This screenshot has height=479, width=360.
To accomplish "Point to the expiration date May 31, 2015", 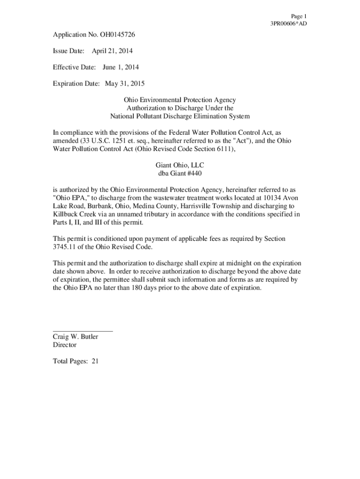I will (125, 84).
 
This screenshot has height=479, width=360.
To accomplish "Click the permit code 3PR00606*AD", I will (288, 23).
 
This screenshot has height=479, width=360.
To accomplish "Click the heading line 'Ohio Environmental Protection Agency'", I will (180, 100).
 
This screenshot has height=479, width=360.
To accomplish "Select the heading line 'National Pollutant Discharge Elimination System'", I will (180, 116).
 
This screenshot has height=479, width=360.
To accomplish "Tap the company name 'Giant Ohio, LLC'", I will (180, 165).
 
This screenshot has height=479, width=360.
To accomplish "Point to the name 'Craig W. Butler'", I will (75, 337).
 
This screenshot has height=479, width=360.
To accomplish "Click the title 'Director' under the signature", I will (65, 345).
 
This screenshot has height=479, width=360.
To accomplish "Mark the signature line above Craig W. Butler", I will (83, 331).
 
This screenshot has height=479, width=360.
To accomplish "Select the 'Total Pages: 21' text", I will (75, 361).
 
